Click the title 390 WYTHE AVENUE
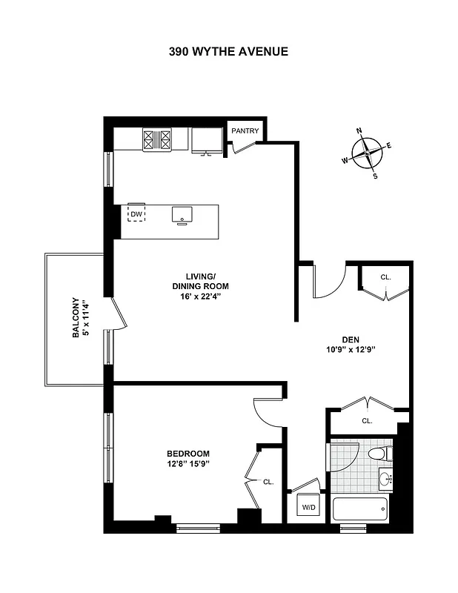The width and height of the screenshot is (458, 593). pos(228,52)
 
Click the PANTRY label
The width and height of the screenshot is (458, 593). pos(245,131)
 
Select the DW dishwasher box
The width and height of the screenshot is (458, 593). pos(136,214)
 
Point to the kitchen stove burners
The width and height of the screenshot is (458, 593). pos(156,139)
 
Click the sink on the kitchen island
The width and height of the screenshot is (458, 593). pos(182,215)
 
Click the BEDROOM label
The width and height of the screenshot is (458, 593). pos(187,454)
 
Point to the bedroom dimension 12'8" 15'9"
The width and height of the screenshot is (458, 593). pos(187,465)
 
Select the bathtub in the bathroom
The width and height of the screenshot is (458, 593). pos(359,509)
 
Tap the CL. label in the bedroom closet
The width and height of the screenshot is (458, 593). pos(268,482)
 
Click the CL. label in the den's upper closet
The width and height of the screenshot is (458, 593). pos(385,277)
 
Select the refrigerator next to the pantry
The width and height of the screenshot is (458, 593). pos(206,139)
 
